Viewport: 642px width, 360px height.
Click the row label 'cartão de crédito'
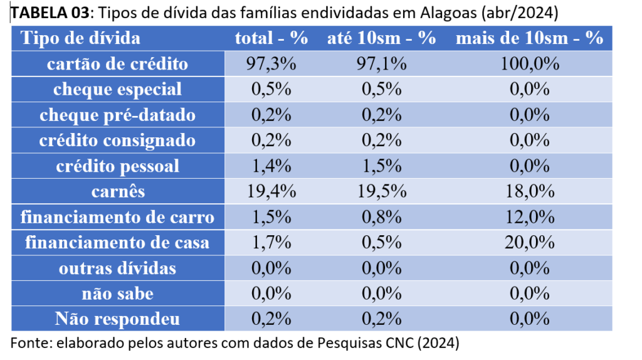(x=117, y=64)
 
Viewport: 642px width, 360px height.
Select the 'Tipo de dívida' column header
(x=81, y=38)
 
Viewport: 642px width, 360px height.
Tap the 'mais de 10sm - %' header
(x=529, y=38)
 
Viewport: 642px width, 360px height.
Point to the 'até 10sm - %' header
(x=381, y=38)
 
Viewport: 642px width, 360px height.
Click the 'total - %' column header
(x=271, y=38)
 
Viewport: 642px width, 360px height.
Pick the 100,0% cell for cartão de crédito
(x=529, y=64)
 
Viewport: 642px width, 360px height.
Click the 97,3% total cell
(x=271, y=64)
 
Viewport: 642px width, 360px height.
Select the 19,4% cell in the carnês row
(x=271, y=192)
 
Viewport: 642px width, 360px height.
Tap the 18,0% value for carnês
(x=529, y=192)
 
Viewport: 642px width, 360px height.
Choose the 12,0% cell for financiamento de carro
(x=529, y=218)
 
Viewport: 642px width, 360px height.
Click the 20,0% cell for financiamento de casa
(x=529, y=243)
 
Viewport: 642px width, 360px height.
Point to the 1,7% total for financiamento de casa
(x=271, y=243)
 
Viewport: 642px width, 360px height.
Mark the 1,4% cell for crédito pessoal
(x=271, y=166)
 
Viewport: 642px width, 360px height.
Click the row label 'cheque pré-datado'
(x=117, y=115)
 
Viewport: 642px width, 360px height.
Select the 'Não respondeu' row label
(x=117, y=319)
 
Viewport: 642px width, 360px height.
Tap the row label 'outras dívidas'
(x=117, y=268)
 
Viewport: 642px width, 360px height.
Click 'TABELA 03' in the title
(x=40, y=13)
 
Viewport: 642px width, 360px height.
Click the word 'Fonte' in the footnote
(x=29, y=343)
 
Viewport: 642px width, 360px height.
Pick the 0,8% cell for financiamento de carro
(x=381, y=218)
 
